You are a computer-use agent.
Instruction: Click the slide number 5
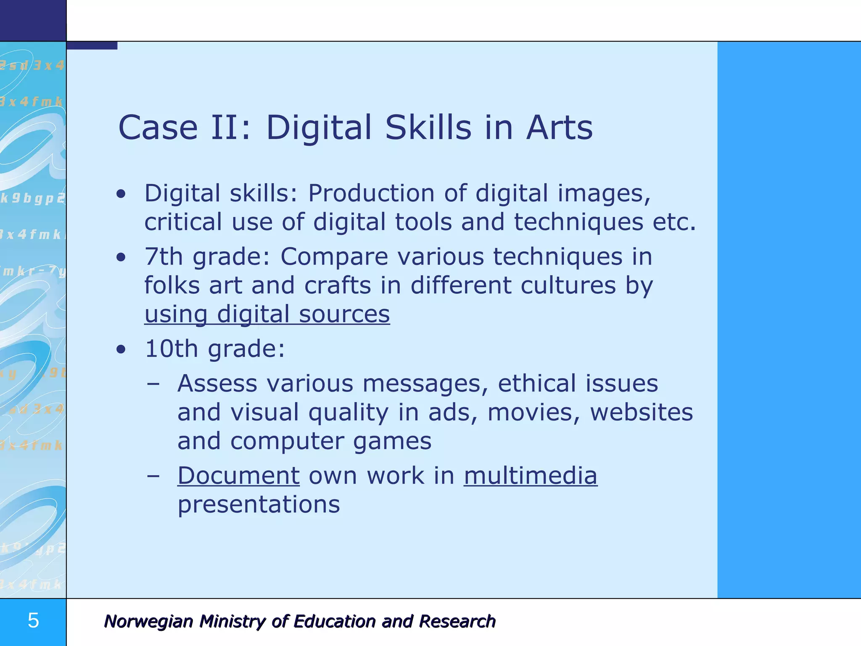33,621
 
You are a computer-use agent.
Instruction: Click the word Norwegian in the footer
148,621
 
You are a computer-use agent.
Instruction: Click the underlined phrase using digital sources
267,314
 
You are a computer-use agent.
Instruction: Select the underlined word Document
238,476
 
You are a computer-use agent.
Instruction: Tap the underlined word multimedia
530,476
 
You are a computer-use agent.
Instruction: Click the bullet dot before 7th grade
121,257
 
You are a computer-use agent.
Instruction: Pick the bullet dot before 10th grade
121,349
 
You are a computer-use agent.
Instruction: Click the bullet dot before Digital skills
121,194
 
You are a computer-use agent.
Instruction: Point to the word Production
371,193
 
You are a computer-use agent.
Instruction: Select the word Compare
334,257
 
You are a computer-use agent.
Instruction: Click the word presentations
259,505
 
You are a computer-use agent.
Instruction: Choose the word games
392,442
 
